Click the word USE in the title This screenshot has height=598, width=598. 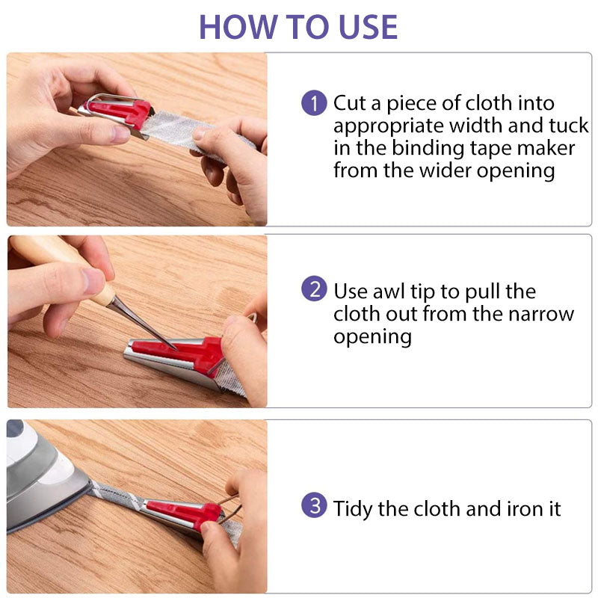(x=368, y=27)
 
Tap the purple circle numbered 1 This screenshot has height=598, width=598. (x=314, y=102)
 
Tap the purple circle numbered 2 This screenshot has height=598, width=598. (x=314, y=289)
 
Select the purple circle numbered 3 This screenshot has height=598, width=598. (x=314, y=505)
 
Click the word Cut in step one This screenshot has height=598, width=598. (x=351, y=103)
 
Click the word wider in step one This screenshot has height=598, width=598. (x=446, y=170)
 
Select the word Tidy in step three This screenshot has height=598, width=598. (x=353, y=509)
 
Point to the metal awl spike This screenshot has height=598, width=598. (x=143, y=324)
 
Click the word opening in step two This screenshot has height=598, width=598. (x=372, y=338)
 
